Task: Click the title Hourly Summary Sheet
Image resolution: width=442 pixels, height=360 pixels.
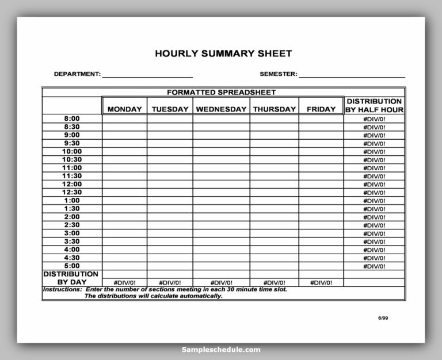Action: pyautogui.click(x=223, y=53)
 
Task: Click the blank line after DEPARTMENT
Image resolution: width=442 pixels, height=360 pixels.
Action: pyautogui.click(x=147, y=75)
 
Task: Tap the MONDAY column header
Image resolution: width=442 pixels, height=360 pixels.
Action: pyautogui.click(x=124, y=109)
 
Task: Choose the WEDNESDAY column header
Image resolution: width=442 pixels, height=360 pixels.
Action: pyautogui.click(x=221, y=109)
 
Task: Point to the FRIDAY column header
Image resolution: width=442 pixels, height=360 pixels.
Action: pyautogui.click(x=321, y=109)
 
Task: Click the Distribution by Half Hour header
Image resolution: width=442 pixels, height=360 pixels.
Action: pyautogui.click(x=374, y=105)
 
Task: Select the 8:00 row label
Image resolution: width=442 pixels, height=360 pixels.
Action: pyautogui.click(x=72, y=118)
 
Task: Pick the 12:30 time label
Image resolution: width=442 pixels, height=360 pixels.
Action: pyautogui.click(x=72, y=192)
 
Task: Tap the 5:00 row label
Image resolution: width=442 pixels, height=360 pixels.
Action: pyautogui.click(x=72, y=266)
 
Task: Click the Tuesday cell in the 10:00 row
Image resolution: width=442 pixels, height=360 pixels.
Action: pyautogui.click(x=170, y=151)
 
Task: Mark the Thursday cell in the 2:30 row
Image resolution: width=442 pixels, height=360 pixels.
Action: pyautogui.click(x=274, y=225)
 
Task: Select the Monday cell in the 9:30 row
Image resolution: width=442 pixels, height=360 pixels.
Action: pyautogui.click(x=124, y=143)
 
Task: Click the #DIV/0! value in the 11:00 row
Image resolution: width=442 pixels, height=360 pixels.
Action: pyautogui.click(x=374, y=168)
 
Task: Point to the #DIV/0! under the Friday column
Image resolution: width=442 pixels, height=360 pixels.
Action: pyautogui.click(x=321, y=282)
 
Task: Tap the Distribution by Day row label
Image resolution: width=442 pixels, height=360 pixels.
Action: pyautogui.click(x=71, y=278)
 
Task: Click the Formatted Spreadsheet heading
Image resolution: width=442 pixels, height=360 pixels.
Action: pyautogui.click(x=222, y=92)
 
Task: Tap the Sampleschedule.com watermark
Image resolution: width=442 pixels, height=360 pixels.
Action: pyautogui.click(x=220, y=349)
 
